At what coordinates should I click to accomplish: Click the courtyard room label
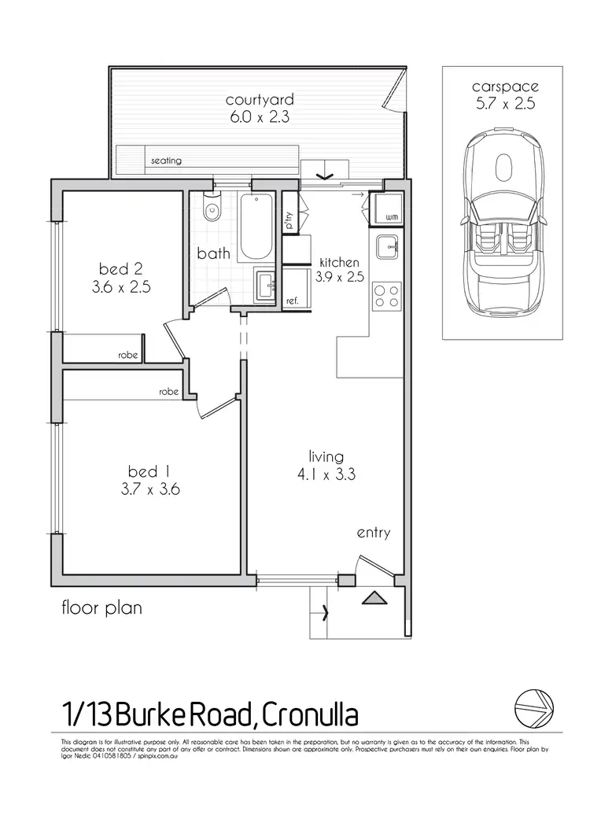point(259,100)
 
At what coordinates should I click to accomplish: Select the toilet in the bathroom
point(210,210)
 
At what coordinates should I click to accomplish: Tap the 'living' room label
point(326,456)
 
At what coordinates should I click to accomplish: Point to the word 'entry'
point(373,533)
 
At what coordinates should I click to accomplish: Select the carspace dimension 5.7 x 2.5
point(503,104)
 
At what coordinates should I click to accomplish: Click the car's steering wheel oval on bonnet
point(503,166)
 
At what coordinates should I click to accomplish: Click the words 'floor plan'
point(101,607)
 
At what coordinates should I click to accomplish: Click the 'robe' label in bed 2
point(127,356)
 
